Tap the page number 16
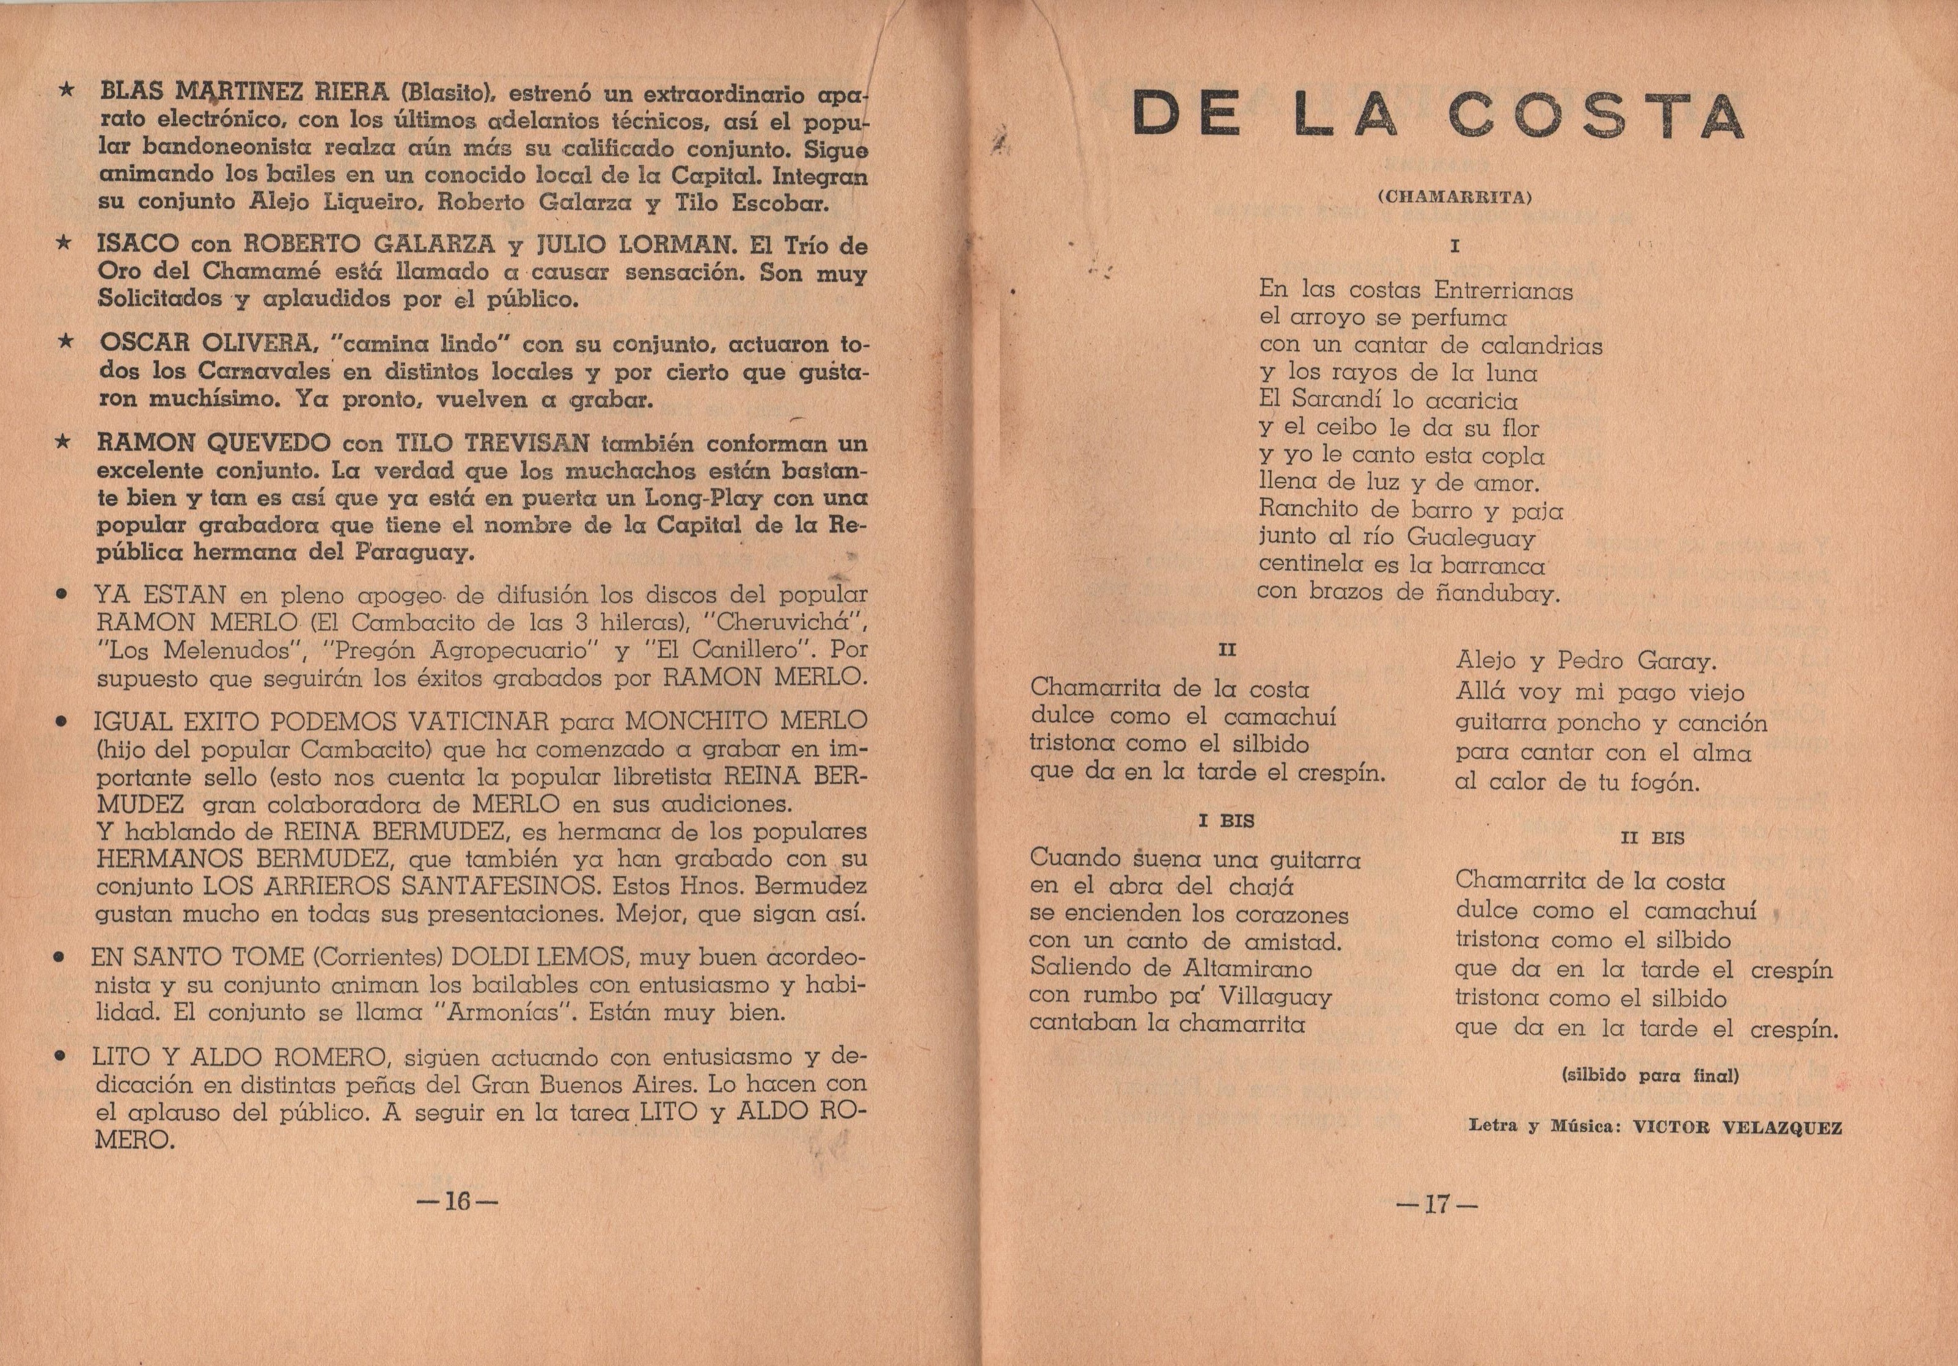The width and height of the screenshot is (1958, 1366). pyautogui.click(x=457, y=1202)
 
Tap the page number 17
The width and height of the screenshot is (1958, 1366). pyautogui.click(x=1436, y=1204)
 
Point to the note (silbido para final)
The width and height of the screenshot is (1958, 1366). pyautogui.click(x=1649, y=1076)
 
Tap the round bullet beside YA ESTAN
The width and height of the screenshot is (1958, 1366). pyautogui.click(x=61, y=596)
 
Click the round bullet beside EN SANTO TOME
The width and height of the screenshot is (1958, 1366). pyautogui.click(x=60, y=959)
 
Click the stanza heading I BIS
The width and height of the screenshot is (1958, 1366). pyautogui.click(x=1226, y=821)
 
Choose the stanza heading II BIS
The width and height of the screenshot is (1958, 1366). pyautogui.click(x=1652, y=838)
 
